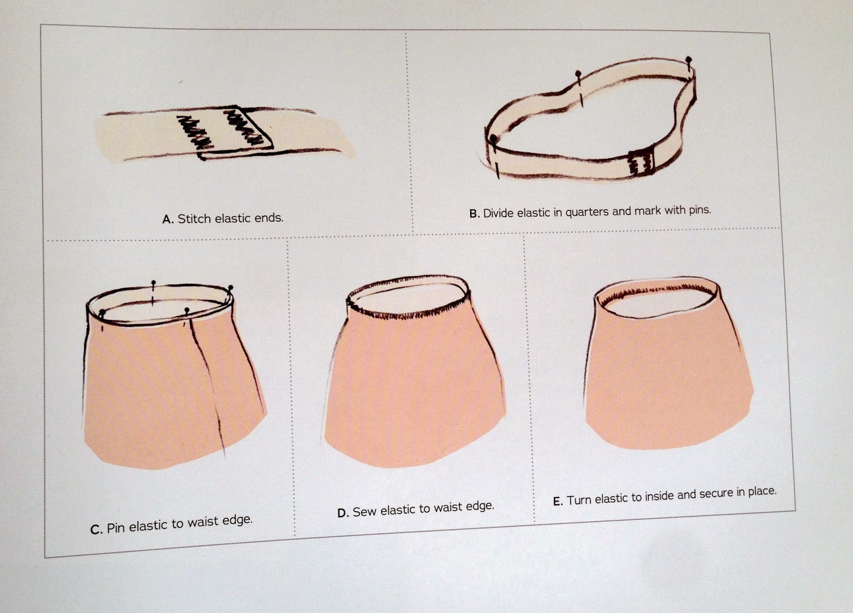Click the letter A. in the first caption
pyautogui.click(x=168, y=220)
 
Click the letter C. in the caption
pyautogui.click(x=96, y=529)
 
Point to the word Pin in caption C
pyautogui.click(x=116, y=528)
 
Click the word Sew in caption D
pyautogui.click(x=365, y=511)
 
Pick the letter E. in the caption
pyautogui.click(x=558, y=502)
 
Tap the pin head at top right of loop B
pyautogui.click(x=688, y=59)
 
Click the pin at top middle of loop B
pyautogui.click(x=577, y=73)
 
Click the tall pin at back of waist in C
pyautogui.click(x=154, y=283)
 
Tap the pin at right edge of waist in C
pyautogui.click(x=230, y=288)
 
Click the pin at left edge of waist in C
pyautogui.click(x=102, y=312)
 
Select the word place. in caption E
pyautogui.click(x=762, y=491)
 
